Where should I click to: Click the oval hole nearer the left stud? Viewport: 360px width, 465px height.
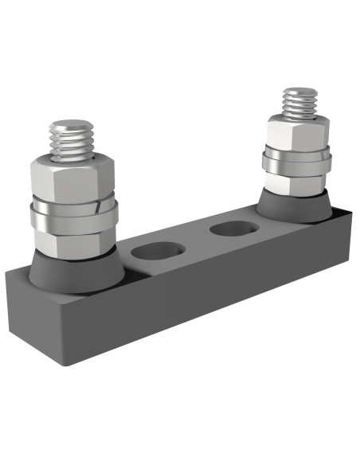point(151,252)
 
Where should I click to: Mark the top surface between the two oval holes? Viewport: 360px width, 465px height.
point(191,243)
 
